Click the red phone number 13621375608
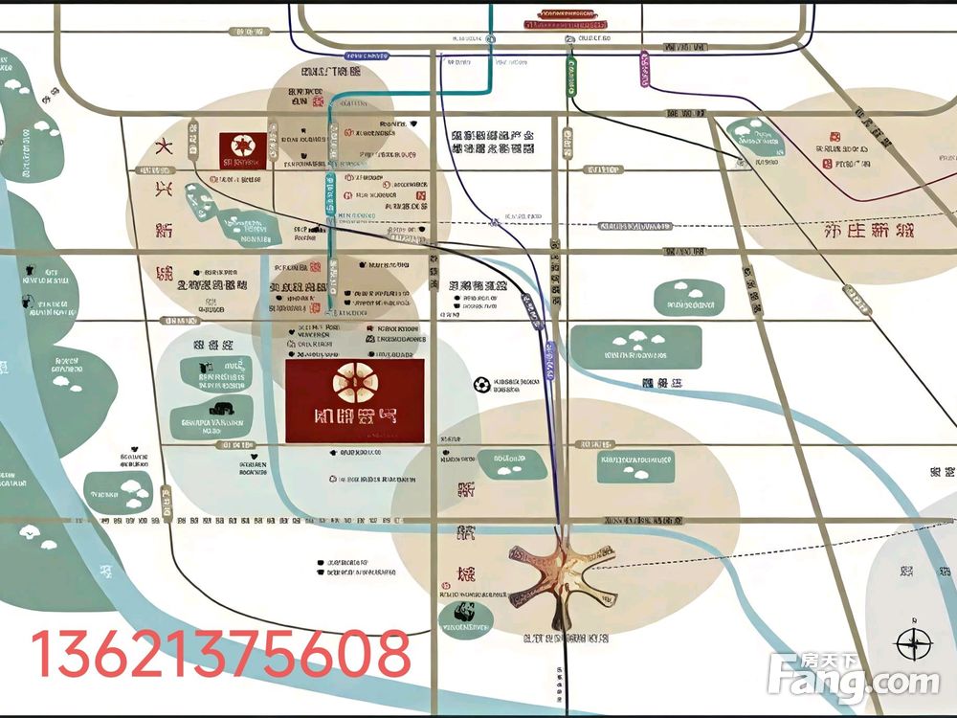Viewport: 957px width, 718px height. click(222, 655)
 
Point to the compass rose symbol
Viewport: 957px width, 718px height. click(914, 643)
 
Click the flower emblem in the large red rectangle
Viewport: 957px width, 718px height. click(354, 384)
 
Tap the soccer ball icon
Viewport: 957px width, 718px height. click(481, 385)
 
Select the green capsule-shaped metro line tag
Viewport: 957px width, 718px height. click(572, 77)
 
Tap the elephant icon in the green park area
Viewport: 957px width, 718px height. click(205, 367)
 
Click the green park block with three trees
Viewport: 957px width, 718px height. click(635, 346)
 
